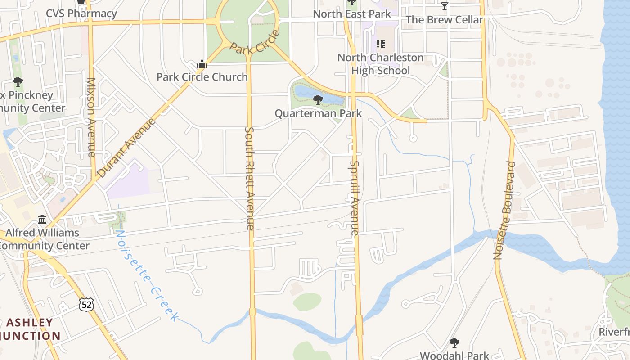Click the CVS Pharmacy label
81,13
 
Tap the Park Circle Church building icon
202,64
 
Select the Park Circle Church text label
202,77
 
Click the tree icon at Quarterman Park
318,99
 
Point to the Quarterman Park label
318,113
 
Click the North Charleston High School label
381,64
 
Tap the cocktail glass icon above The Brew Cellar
445,6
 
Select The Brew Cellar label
445,19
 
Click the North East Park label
352,14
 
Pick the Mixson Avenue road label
91,117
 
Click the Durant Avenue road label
126,147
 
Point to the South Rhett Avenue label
250,178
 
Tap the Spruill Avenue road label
355,198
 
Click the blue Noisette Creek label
146,275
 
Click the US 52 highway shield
86,304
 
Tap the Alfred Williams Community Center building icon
42,220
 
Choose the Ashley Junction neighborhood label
31,329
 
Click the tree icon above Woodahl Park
454,342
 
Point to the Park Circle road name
255,42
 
